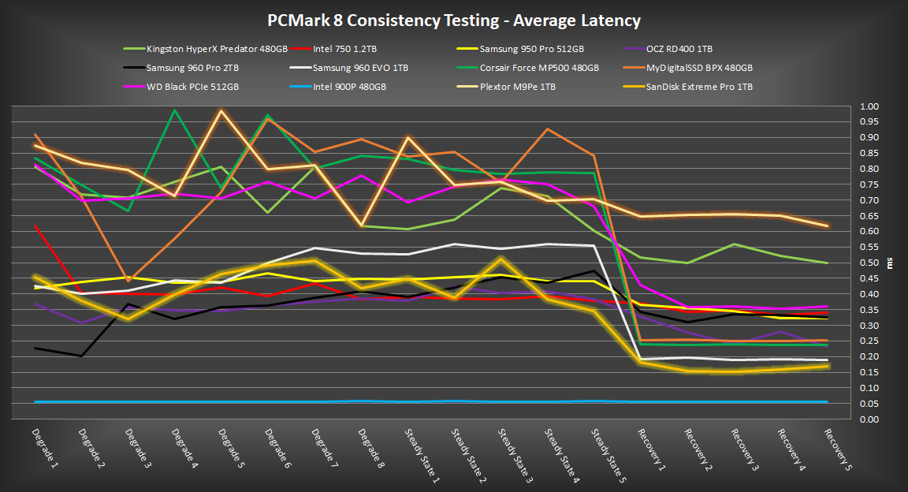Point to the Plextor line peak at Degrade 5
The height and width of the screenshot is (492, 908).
coord(221,110)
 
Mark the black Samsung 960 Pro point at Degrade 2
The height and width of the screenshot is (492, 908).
coord(82,356)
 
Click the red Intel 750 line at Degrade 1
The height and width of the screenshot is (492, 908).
coord(36,226)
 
